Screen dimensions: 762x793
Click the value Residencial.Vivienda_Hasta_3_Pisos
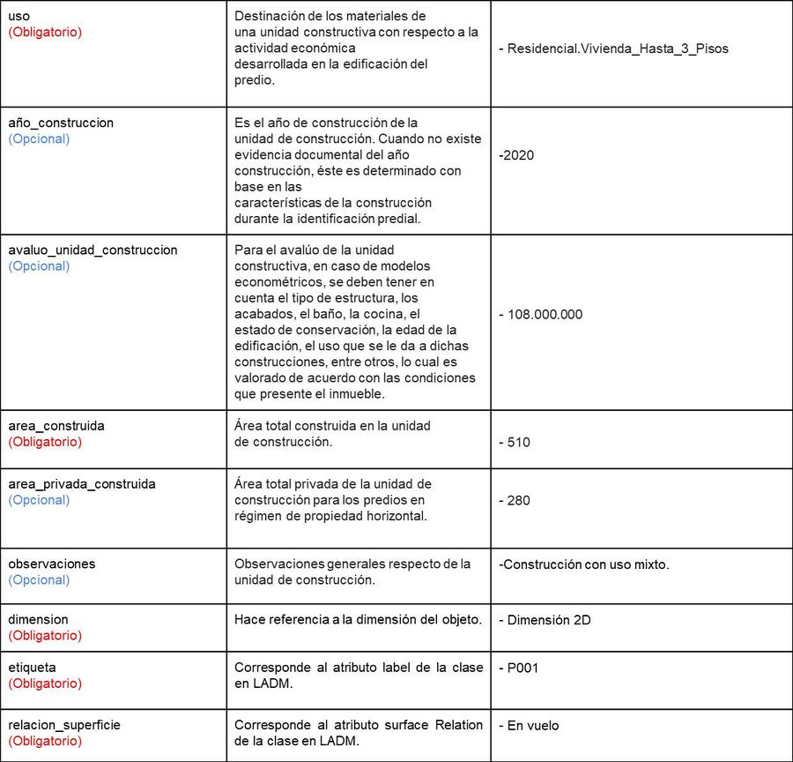click(x=618, y=49)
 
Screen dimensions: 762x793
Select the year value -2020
click(x=516, y=155)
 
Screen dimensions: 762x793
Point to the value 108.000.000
click(x=540, y=314)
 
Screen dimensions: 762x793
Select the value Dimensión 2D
click(x=545, y=620)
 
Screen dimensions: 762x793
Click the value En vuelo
click(x=529, y=726)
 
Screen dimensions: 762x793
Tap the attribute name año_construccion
click(x=61, y=123)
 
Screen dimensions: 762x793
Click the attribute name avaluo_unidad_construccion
click(x=93, y=250)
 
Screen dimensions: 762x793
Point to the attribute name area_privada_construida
click(x=82, y=484)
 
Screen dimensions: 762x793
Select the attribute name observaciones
click(x=52, y=564)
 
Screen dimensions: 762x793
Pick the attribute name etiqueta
click(x=32, y=668)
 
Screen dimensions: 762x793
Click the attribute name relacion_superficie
click(x=64, y=725)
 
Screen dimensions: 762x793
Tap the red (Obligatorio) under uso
click(x=45, y=32)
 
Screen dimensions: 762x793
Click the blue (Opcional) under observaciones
click(x=39, y=579)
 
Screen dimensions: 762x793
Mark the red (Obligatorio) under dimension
click(x=45, y=635)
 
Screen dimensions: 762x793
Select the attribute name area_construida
click(x=56, y=426)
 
